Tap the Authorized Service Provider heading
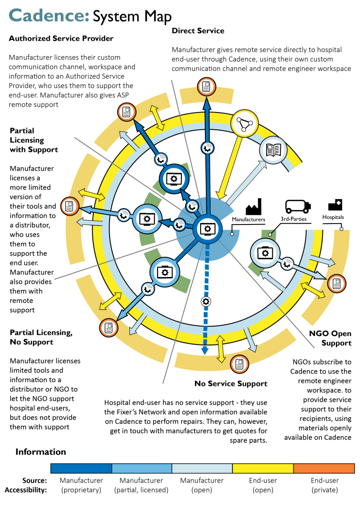pos(61,38)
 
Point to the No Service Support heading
pos(231,383)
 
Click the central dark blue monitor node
pos(207,228)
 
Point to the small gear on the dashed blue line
pos(205,301)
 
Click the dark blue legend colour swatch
pos(81,468)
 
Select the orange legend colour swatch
pos(324,468)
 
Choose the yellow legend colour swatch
pos(263,468)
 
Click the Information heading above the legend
pos(41,452)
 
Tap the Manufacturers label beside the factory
pos(248,219)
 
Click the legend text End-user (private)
pos(324,485)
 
